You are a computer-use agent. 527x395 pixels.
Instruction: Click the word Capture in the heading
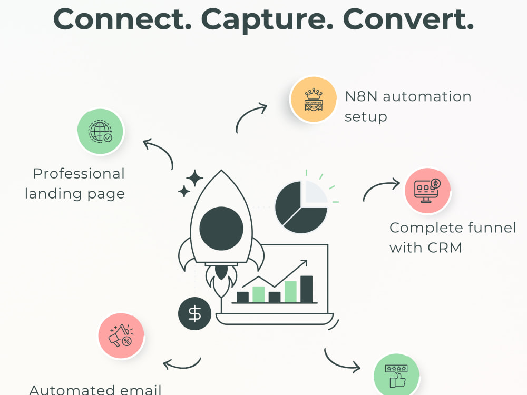click(x=267, y=20)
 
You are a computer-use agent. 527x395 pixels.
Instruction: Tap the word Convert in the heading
click(x=408, y=19)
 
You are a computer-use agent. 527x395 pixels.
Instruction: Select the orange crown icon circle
click(x=313, y=100)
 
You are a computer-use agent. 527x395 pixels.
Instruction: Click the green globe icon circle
click(x=101, y=131)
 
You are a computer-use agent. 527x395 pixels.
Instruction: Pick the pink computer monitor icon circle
click(x=427, y=191)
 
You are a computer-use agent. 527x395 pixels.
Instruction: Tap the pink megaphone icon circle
click(x=121, y=336)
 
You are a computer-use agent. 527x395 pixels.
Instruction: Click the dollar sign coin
click(x=194, y=314)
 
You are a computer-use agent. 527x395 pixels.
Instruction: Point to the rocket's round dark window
click(x=221, y=229)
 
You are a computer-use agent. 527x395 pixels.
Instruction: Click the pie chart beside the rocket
click(x=301, y=207)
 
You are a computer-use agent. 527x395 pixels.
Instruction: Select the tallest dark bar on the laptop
click(x=306, y=289)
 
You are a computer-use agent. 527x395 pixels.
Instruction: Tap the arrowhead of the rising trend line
click(x=305, y=262)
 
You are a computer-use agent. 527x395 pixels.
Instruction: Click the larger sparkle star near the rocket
click(x=194, y=179)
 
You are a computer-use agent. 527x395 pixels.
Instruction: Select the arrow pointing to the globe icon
click(x=162, y=150)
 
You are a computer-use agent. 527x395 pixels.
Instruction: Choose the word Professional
click(x=79, y=174)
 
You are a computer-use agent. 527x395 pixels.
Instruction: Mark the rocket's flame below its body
click(x=221, y=281)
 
